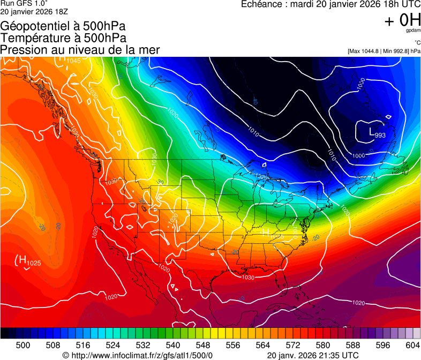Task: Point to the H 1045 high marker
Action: [70, 59]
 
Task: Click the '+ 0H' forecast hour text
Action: [402, 20]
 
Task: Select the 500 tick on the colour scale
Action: [23, 346]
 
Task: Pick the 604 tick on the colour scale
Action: [412, 346]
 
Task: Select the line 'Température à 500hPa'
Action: [63, 38]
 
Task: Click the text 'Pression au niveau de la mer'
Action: [80, 50]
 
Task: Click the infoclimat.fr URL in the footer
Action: [138, 355]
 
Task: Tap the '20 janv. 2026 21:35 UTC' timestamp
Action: [313, 355]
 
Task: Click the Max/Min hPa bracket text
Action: [384, 51]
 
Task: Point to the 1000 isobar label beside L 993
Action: [358, 155]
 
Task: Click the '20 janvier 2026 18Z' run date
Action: [34, 12]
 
